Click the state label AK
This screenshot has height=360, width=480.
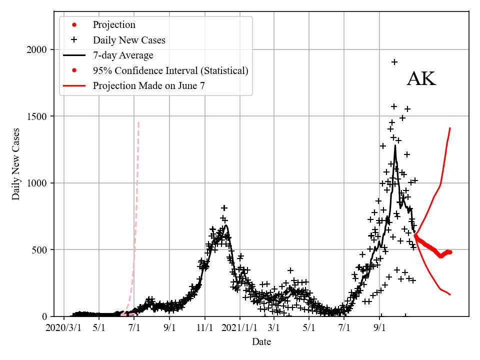click(x=421, y=79)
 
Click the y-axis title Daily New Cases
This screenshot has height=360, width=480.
click(x=16, y=164)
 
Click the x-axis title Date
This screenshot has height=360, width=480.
click(x=261, y=342)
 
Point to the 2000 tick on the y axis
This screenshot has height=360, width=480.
click(x=37, y=49)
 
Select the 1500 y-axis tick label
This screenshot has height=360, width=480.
click(x=37, y=116)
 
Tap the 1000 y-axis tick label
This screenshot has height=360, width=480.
click(x=37, y=183)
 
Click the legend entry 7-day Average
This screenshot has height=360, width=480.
click(x=123, y=55)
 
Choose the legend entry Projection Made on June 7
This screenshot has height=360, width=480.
click(x=148, y=86)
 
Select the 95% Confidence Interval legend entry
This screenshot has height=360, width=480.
click(x=170, y=70)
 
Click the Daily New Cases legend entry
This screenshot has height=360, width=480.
click(x=129, y=39)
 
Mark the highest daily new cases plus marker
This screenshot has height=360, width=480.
click(x=394, y=62)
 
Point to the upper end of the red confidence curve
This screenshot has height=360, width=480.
click(x=450, y=128)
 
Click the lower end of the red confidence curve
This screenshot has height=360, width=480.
click(x=450, y=294)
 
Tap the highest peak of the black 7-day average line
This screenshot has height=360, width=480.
click(x=395, y=145)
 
